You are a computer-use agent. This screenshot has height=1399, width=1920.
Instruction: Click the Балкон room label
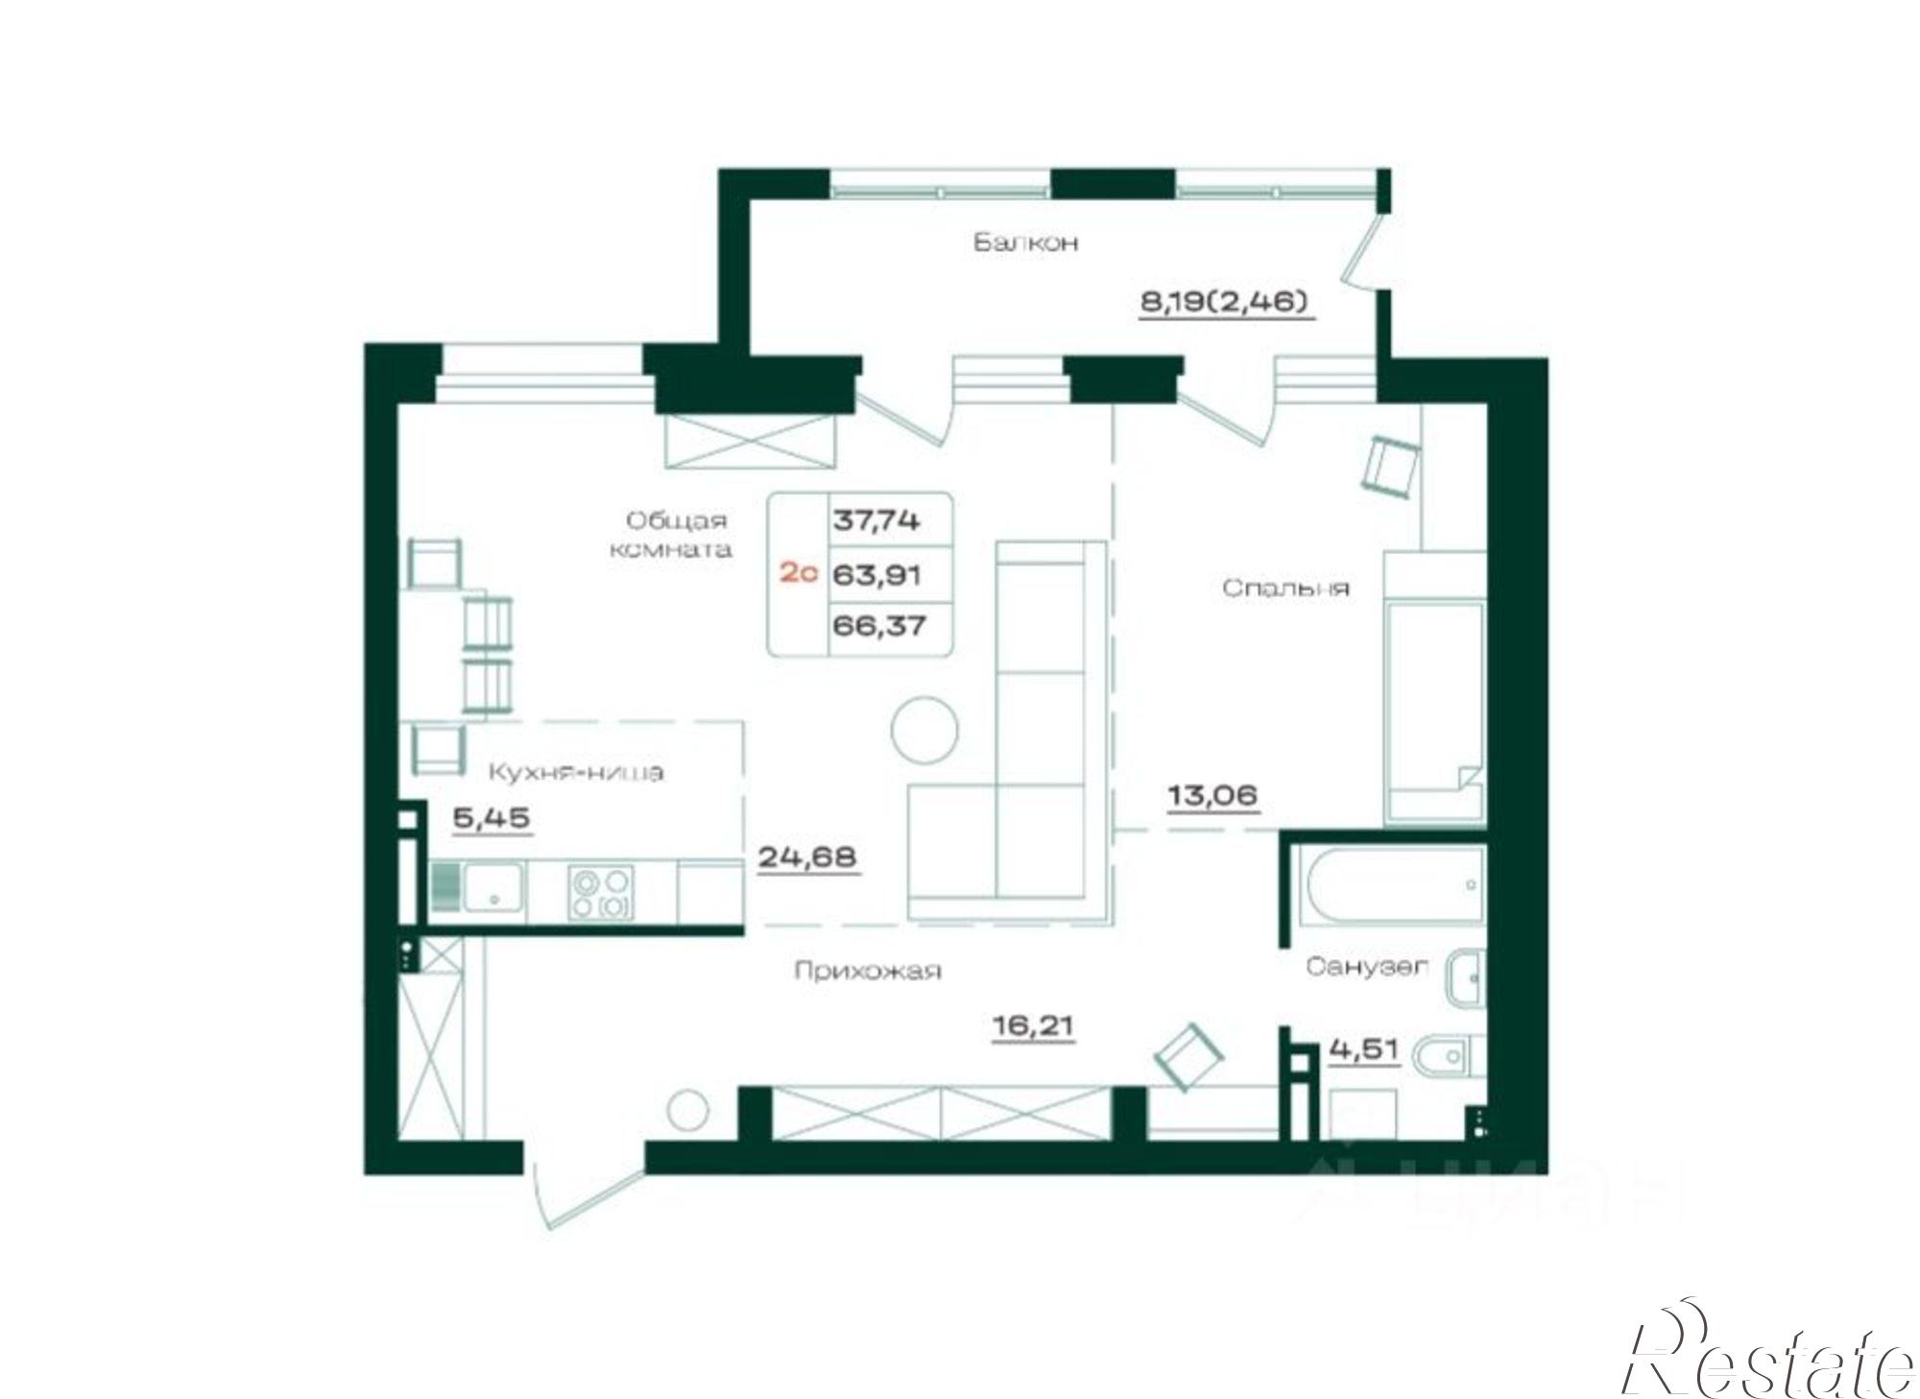(x=1026, y=242)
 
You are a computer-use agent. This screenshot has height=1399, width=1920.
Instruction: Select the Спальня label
(x=1286, y=588)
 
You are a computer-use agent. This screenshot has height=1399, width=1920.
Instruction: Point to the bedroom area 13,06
(x=1212, y=796)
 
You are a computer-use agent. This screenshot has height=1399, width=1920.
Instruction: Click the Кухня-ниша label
(x=576, y=772)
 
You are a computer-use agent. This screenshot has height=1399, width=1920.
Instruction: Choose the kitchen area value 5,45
(x=492, y=818)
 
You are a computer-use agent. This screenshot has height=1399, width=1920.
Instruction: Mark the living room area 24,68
(x=807, y=856)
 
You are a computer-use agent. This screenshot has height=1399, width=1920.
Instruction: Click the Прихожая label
(x=868, y=971)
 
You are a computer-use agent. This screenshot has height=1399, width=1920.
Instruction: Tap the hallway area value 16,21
(x=1033, y=1026)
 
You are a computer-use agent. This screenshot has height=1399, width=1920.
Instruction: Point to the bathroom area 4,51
(x=1363, y=1050)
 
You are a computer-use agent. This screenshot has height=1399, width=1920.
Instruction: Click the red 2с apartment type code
(x=798, y=573)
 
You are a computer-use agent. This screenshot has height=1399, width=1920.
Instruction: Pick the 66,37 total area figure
(x=879, y=626)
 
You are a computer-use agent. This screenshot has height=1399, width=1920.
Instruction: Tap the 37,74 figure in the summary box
(x=876, y=520)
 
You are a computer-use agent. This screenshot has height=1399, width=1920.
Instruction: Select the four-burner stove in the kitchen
(x=600, y=893)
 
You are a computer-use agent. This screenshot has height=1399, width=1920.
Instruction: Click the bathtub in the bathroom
(x=1390, y=885)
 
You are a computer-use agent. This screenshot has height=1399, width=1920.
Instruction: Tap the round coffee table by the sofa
(x=924, y=730)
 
